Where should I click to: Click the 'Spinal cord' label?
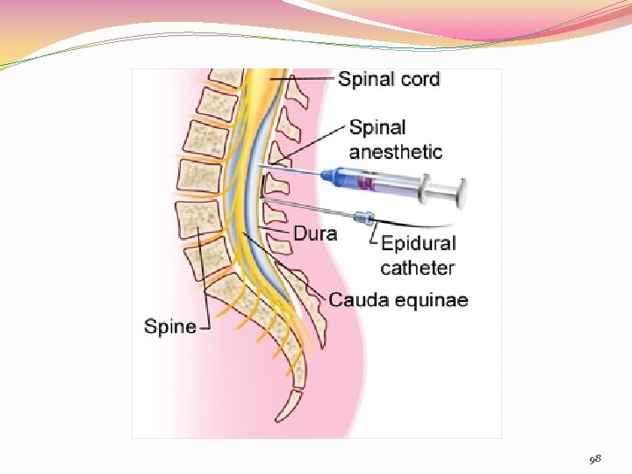[x=389, y=79]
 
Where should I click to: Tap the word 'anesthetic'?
[x=396, y=152]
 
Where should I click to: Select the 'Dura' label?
[x=314, y=234]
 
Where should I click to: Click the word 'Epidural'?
[x=419, y=243]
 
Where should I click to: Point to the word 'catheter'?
[x=417, y=267]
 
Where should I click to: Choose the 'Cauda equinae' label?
[x=399, y=300]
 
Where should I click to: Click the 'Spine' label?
[x=169, y=327]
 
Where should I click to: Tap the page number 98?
[x=596, y=458]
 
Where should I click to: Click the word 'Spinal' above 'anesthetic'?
[x=377, y=128]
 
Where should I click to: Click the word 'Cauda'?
[x=357, y=300]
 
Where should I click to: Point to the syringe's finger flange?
[x=425, y=187]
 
